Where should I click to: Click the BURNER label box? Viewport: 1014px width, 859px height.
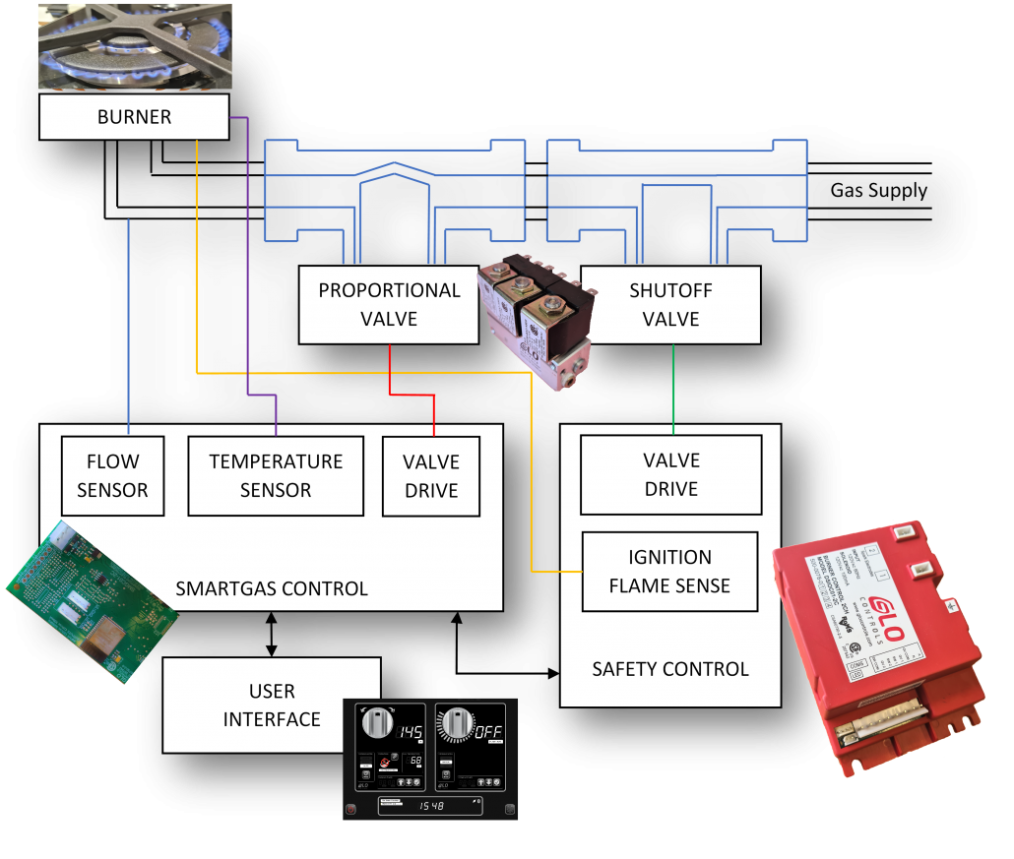tap(134, 117)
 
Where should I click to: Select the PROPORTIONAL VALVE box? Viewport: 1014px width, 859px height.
tap(389, 305)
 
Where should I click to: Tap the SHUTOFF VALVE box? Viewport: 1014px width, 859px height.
tap(670, 305)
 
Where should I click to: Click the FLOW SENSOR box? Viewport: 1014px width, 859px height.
tap(112, 476)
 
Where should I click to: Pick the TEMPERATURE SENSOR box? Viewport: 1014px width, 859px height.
tap(276, 476)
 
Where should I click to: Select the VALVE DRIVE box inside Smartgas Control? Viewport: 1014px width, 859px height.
tap(431, 476)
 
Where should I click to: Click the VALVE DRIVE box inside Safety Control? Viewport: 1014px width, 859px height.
tap(670, 475)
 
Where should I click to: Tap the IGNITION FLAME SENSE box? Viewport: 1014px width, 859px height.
tap(669, 572)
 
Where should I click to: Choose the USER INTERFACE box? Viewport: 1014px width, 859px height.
tap(272, 706)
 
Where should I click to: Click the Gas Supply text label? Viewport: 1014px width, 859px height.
tap(878, 191)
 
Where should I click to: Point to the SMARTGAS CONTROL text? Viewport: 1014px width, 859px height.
tap(272, 589)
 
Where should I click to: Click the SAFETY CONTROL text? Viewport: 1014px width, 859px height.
tap(670, 669)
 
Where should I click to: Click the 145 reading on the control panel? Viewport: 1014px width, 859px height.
tap(410, 733)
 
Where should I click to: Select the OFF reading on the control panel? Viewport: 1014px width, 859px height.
tap(488, 733)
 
